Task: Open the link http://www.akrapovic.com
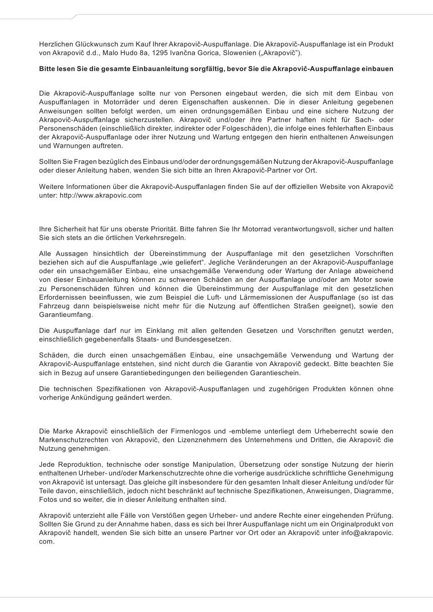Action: point(101,195)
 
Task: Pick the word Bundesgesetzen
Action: point(208,339)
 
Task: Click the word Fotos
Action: point(48,500)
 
